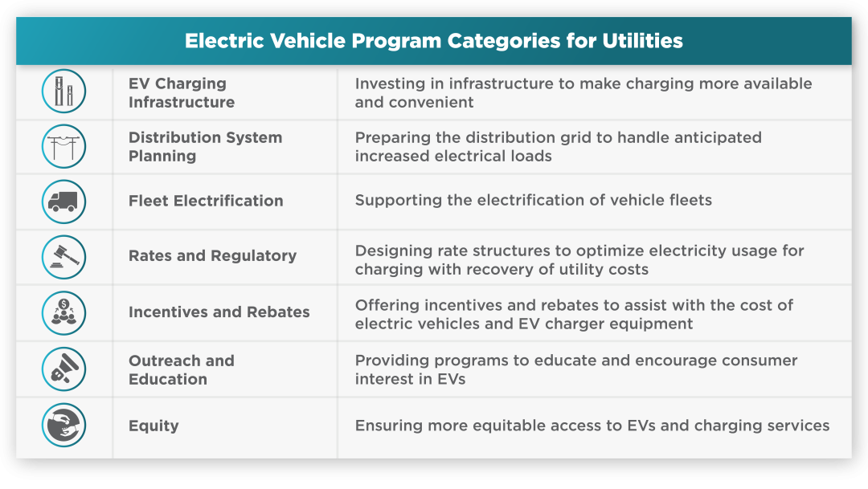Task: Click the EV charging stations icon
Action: click(x=63, y=92)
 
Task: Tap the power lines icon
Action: click(x=63, y=147)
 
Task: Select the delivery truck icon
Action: click(x=63, y=202)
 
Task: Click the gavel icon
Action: click(x=63, y=257)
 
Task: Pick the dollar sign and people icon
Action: click(x=63, y=313)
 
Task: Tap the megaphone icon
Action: click(x=63, y=369)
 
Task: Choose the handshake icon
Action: click(x=63, y=425)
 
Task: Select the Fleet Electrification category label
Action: click(x=206, y=201)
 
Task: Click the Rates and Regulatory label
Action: click(x=212, y=256)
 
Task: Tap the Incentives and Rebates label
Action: click(x=219, y=312)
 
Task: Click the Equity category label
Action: click(x=154, y=426)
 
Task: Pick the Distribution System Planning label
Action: click(x=206, y=147)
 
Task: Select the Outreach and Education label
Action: click(x=182, y=369)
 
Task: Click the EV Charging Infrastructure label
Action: click(x=182, y=92)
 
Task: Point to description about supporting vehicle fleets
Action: click(x=534, y=200)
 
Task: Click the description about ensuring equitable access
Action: click(x=592, y=426)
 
